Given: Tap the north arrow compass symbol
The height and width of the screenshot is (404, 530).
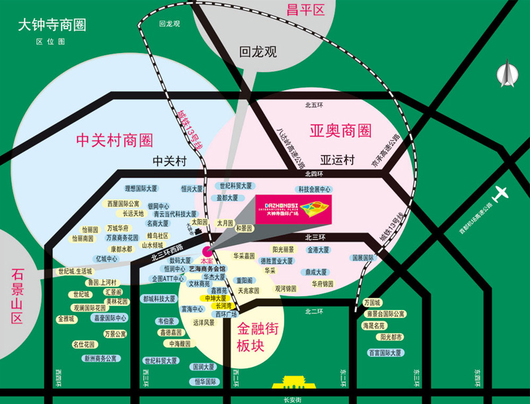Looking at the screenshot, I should click(507, 73).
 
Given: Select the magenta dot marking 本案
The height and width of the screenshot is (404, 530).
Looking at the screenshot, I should click(207, 251).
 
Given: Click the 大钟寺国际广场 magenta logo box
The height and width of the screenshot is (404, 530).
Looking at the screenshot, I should click(291, 209).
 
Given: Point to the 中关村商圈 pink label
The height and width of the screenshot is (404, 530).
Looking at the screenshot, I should click(114, 140).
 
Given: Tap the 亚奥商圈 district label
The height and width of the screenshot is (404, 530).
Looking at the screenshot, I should click(340, 130).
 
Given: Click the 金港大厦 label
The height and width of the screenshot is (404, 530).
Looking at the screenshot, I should click(318, 250).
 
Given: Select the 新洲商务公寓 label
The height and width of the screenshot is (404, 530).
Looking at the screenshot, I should click(99, 358).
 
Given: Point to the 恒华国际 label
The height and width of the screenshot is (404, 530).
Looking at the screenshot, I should click(205, 381).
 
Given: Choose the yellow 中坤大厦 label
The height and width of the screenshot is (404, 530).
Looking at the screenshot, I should click(216, 299).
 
